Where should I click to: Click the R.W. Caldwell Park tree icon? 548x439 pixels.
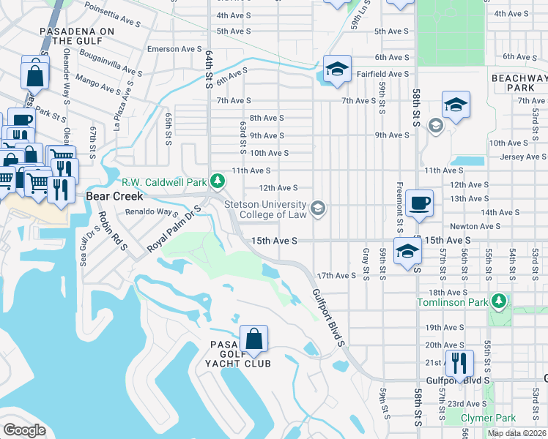point(217,180)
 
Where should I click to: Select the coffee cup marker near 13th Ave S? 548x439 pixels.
point(419,204)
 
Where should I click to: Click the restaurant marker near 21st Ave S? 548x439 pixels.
point(459,362)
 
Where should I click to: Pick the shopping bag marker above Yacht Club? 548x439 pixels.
point(253,340)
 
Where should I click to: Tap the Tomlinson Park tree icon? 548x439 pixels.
point(499,301)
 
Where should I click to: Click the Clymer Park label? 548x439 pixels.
point(488,419)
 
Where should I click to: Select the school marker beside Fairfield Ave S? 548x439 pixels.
point(337,70)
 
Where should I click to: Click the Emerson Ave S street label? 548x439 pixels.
point(174,49)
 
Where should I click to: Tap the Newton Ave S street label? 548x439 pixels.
point(475,227)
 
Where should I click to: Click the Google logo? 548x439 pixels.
point(24,429)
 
